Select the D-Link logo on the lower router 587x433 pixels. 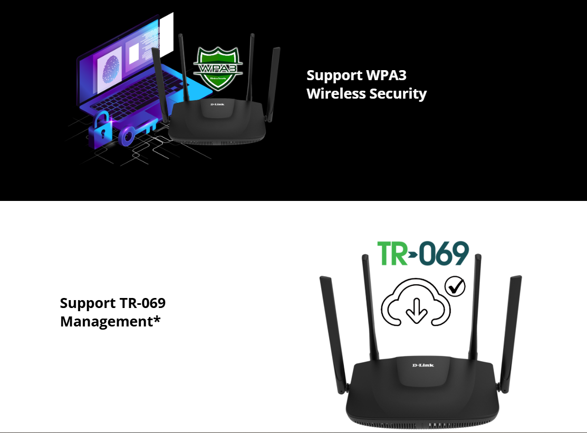pos(423,365)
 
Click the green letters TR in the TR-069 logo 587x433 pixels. pos(392,254)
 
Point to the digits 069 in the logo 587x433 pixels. pos(444,254)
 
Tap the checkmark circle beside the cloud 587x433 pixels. pos(455,286)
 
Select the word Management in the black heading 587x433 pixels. pos(106,321)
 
